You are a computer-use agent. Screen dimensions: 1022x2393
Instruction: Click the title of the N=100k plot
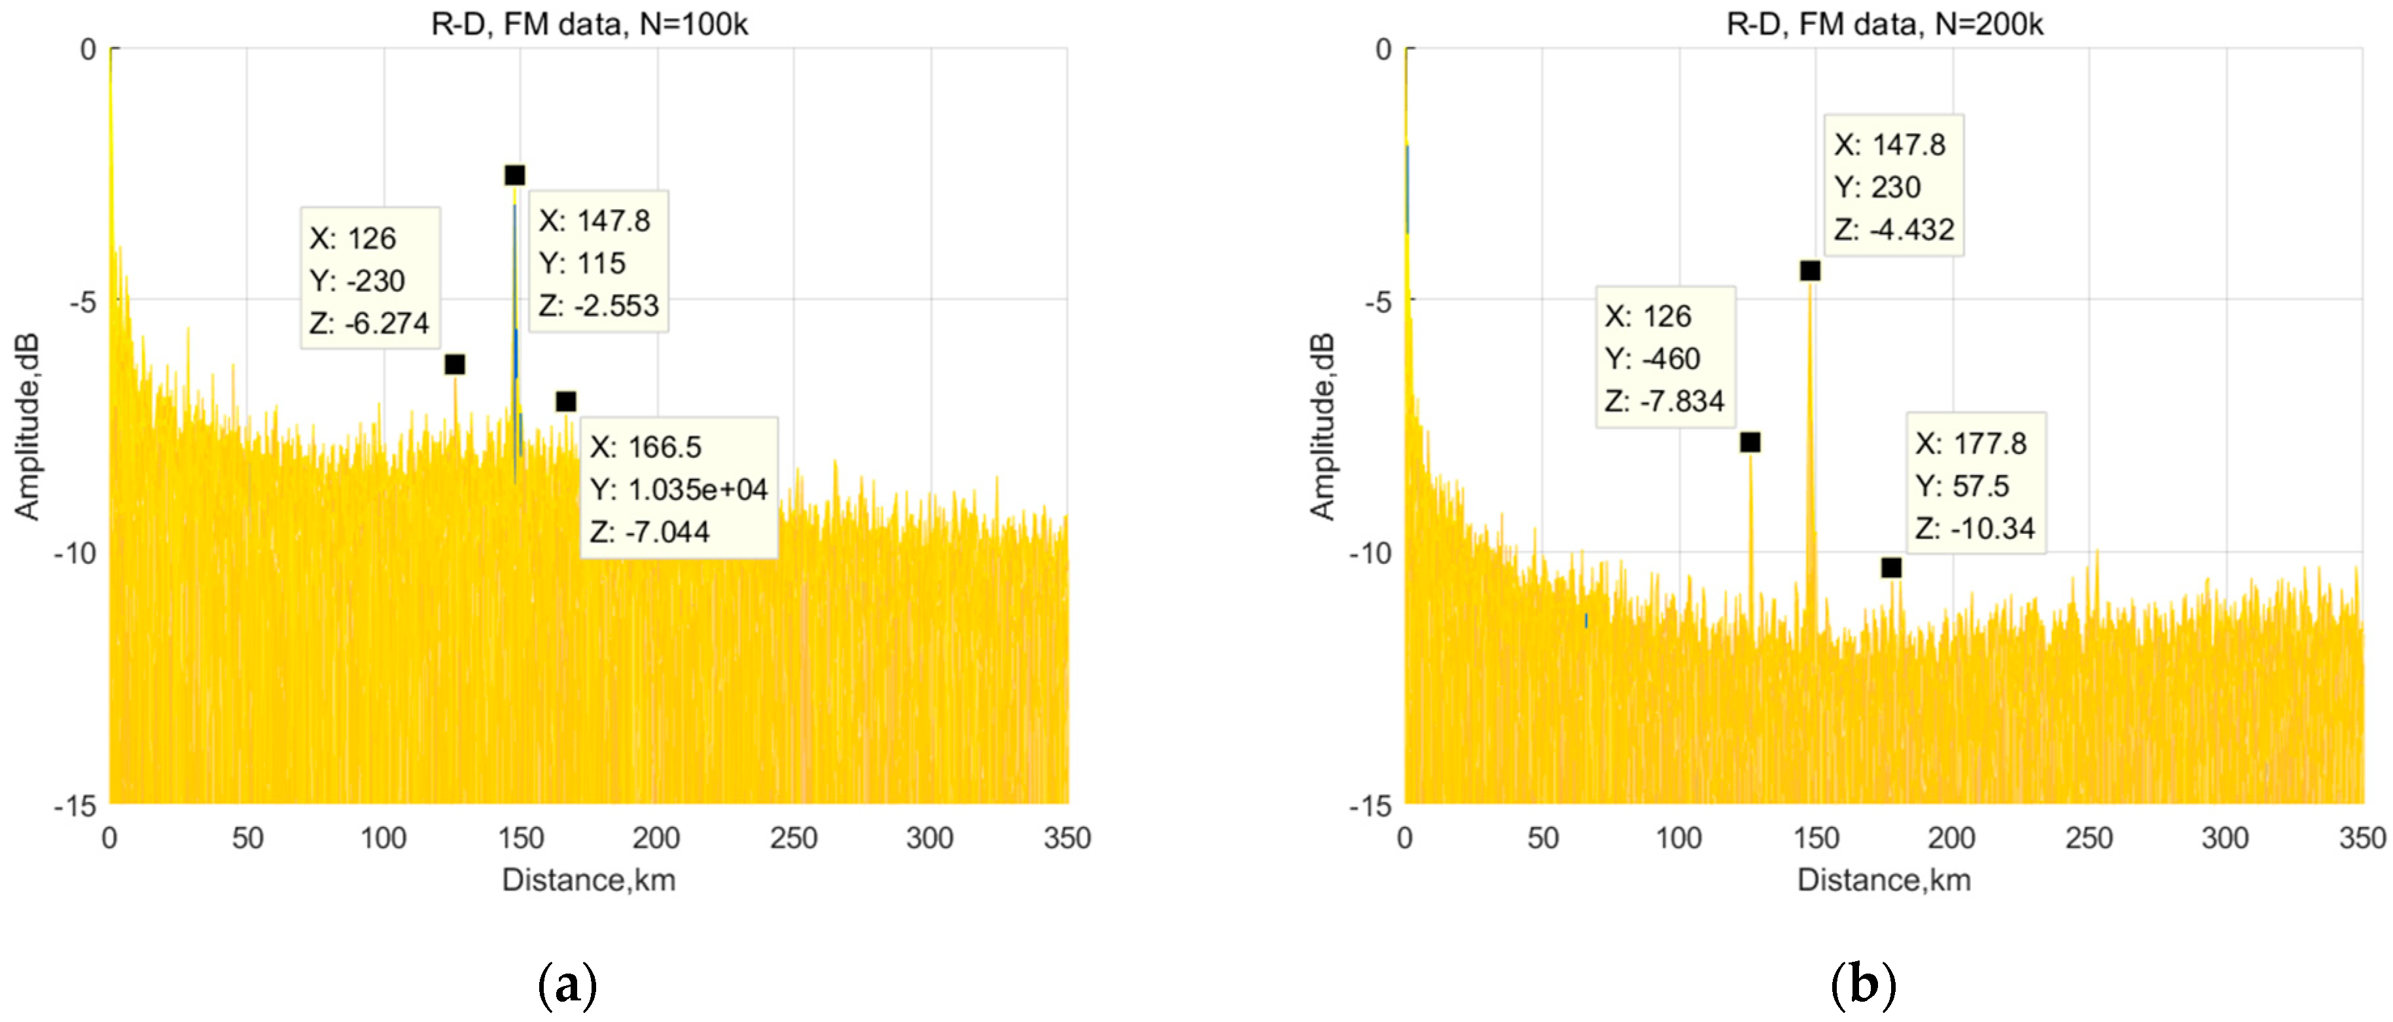(x=589, y=24)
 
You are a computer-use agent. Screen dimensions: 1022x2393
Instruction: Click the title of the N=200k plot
(x=1884, y=24)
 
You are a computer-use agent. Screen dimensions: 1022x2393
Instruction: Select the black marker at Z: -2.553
(x=514, y=175)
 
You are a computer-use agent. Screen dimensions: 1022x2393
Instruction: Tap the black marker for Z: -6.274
(x=454, y=364)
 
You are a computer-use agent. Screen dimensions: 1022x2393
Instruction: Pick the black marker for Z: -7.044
(x=566, y=401)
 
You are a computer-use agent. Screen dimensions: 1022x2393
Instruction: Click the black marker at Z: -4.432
(x=1809, y=270)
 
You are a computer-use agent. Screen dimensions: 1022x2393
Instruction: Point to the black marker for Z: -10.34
(x=1891, y=568)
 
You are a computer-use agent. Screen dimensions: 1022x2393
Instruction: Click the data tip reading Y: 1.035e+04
(x=678, y=489)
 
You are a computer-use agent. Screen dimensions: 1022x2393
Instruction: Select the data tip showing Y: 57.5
(x=1975, y=484)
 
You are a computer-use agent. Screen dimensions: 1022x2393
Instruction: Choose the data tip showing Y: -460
(x=1665, y=358)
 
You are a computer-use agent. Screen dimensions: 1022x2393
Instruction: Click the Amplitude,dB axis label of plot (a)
(x=27, y=425)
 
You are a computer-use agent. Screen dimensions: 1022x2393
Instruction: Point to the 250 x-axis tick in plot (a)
(x=793, y=838)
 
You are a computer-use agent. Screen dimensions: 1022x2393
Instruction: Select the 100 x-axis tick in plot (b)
(x=1678, y=838)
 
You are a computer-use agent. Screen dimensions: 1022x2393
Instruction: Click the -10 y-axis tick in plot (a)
(x=75, y=554)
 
